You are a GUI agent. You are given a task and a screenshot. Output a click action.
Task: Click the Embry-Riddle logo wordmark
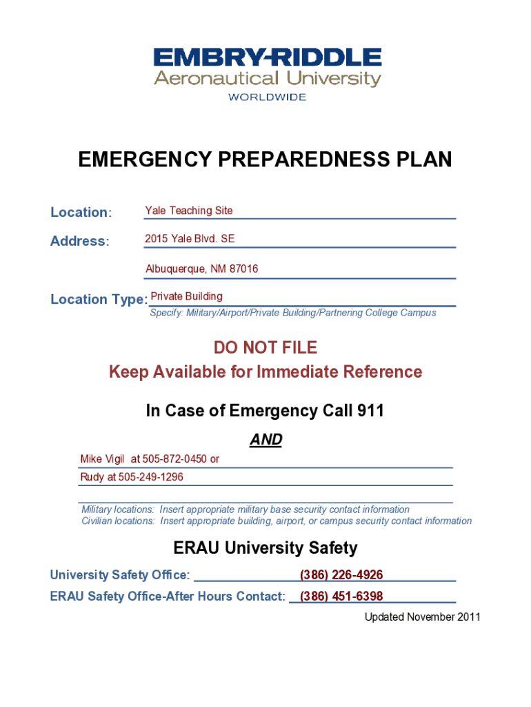tap(267, 58)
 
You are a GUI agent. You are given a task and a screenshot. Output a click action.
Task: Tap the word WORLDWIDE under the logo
tap(267, 97)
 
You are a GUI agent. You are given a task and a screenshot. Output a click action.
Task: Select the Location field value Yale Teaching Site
tap(189, 211)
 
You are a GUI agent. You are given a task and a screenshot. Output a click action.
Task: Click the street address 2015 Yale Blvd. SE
tap(190, 239)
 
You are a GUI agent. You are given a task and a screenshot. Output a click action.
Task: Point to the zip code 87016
tap(244, 269)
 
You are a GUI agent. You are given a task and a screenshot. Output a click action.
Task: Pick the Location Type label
tap(99, 300)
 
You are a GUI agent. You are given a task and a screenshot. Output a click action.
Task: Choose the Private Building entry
tap(187, 296)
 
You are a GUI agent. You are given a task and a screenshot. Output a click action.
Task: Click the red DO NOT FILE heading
tap(265, 347)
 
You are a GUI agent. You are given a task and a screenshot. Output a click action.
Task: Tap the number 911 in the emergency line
tap(370, 411)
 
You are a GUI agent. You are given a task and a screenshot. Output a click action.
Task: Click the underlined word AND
tap(265, 440)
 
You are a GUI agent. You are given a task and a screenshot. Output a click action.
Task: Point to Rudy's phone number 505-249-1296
tap(151, 477)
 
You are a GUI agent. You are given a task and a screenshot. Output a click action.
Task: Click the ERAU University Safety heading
tap(265, 548)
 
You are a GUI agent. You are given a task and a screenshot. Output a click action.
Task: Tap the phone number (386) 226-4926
tap(341, 575)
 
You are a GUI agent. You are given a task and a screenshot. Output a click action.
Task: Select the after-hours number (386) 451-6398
tap(341, 596)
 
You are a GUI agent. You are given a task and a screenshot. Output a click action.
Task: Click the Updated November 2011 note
tap(422, 617)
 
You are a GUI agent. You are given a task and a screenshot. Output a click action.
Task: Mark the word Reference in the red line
tap(383, 372)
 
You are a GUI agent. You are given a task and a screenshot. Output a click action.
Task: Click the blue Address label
tap(79, 242)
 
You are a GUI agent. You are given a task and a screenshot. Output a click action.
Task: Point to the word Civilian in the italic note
tap(99, 521)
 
